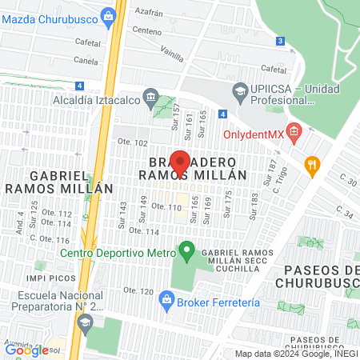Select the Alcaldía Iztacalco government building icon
[150, 98]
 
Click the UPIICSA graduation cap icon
[238, 90]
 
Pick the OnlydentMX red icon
[294, 130]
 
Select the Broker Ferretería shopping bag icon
[166, 302]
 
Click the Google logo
[26, 350]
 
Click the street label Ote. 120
[139, 291]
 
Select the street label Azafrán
[152, 14]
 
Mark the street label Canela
[86, 59]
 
